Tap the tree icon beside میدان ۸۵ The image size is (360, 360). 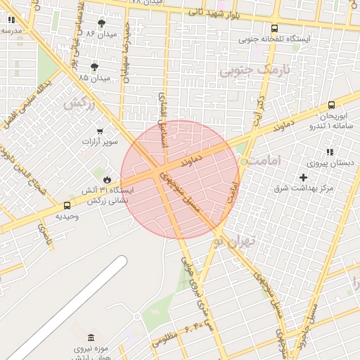(95, 67)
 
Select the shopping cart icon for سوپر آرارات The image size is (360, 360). (99, 131)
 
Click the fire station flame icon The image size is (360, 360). (107, 179)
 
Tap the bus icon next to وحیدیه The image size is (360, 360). (67, 206)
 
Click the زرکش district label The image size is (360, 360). (79, 104)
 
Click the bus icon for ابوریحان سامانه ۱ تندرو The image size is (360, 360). (331, 105)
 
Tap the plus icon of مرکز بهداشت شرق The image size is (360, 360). (303, 177)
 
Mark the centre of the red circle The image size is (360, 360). (179, 179)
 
